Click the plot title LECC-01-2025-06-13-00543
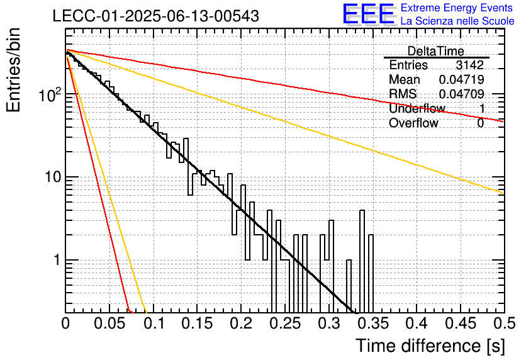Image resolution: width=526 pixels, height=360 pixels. click(x=156, y=16)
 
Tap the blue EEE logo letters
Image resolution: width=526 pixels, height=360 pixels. click(x=369, y=14)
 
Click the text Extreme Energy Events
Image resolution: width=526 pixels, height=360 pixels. click(x=457, y=8)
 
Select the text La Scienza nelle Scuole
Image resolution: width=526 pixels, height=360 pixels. click(x=457, y=21)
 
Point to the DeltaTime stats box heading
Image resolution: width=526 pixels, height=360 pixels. click(x=436, y=51)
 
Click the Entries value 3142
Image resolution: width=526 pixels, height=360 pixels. click(x=469, y=65)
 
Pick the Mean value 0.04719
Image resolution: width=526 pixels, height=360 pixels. click(x=462, y=79)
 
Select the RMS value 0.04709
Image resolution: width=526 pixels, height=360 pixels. click(x=462, y=94)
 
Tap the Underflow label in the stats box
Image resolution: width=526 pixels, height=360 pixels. click(x=417, y=108)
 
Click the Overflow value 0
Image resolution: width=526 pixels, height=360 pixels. click(x=481, y=123)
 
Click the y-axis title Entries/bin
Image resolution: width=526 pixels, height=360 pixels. click(x=13, y=70)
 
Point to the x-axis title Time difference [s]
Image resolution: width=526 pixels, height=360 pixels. click(x=430, y=346)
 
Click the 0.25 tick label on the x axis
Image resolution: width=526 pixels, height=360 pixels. click(x=285, y=323)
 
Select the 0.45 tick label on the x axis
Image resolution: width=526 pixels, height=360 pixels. click(x=461, y=323)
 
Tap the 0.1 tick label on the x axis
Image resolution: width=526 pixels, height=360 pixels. click(x=155, y=323)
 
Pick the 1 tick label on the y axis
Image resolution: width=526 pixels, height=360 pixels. click(x=57, y=260)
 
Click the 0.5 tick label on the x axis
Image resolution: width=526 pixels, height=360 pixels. click(x=505, y=323)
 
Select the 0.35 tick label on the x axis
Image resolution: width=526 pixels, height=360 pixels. click(x=373, y=323)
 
